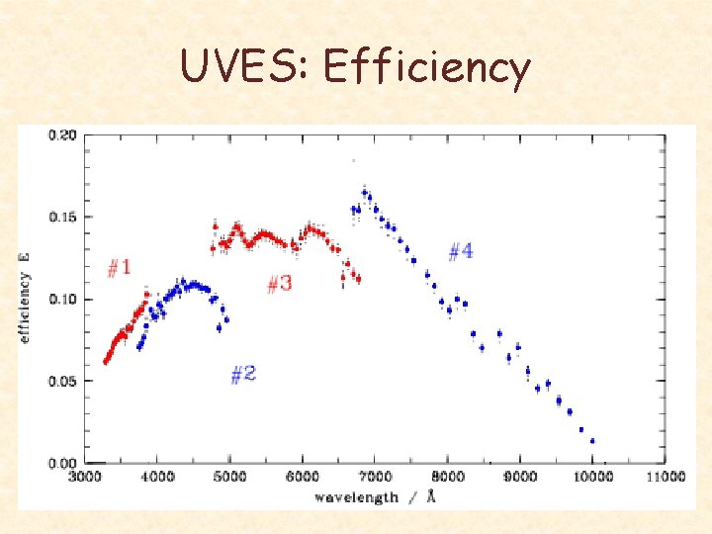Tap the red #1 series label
point(119,267)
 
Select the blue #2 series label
point(243,374)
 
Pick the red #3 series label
point(280,284)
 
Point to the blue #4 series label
point(460,251)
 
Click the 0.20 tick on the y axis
point(63,135)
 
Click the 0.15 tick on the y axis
point(63,218)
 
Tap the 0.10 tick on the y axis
point(63,299)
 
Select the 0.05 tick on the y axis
point(63,381)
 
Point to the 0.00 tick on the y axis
point(63,463)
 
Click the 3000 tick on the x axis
point(84,478)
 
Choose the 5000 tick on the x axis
point(229,478)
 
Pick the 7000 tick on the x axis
point(375,478)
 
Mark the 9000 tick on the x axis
point(520,478)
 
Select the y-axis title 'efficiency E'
point(25,297)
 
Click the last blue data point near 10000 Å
point(592,441)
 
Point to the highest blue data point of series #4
point(364,192)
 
